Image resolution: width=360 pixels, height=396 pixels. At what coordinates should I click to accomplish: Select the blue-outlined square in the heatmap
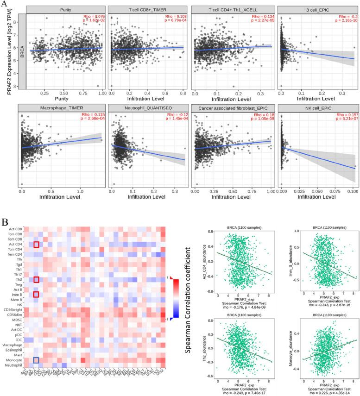36,360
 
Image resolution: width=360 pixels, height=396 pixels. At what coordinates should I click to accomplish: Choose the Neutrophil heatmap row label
14,366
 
